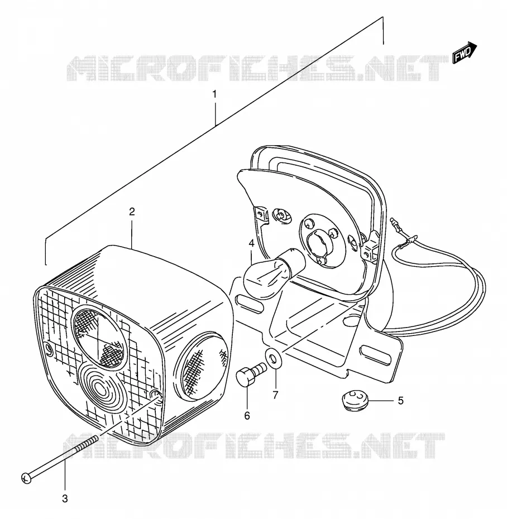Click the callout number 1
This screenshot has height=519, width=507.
click(214, 94)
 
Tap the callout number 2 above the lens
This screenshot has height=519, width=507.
click(132, 212)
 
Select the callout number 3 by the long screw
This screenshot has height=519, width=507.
click(65, 498)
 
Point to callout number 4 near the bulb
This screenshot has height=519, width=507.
click(251, 243)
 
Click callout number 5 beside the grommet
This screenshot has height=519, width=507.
click(401, 401)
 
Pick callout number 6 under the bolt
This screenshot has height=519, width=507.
click(247, 415)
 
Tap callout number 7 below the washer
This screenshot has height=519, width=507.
click(275, 395)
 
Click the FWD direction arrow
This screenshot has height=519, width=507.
click(464, 52)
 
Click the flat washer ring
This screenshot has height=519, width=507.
click(274, 358)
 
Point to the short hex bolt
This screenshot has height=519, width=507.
click(251, 374)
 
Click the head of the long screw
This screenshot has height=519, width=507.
click(26, 478)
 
